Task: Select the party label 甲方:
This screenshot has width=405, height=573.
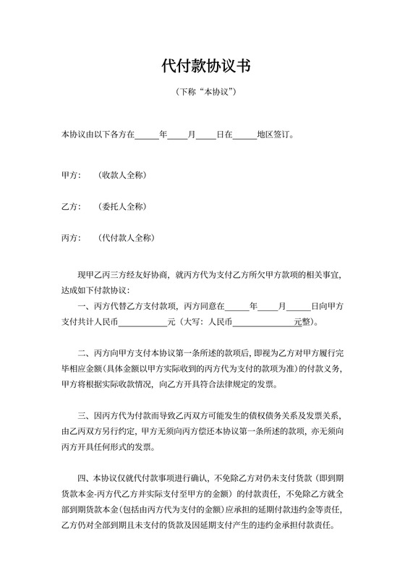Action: tap(71, 176)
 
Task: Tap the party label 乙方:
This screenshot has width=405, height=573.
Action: tap(71, 207)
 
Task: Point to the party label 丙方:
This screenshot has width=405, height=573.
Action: tap(71, 238)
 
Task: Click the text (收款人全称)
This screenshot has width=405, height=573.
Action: tap(123, 176)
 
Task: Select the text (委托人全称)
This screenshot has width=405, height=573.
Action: tap(123, 207)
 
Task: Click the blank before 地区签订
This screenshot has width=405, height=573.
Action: tap(245, 135)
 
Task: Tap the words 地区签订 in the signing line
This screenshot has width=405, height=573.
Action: tap(273, 135)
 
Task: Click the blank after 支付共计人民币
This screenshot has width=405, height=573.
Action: tap(142, 322)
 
